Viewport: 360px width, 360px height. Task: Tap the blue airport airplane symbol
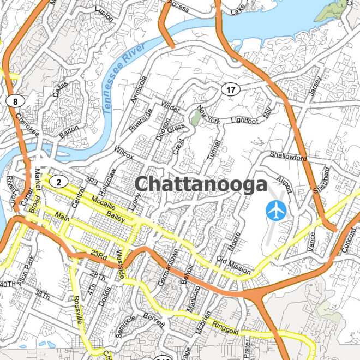277,210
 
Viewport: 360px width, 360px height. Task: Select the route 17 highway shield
231,89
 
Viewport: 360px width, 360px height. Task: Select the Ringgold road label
226,327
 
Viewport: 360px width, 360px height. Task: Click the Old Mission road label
233,265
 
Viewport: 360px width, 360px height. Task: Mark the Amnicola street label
139,89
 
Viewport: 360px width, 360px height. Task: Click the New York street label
209,114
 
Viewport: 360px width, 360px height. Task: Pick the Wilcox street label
124,152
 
